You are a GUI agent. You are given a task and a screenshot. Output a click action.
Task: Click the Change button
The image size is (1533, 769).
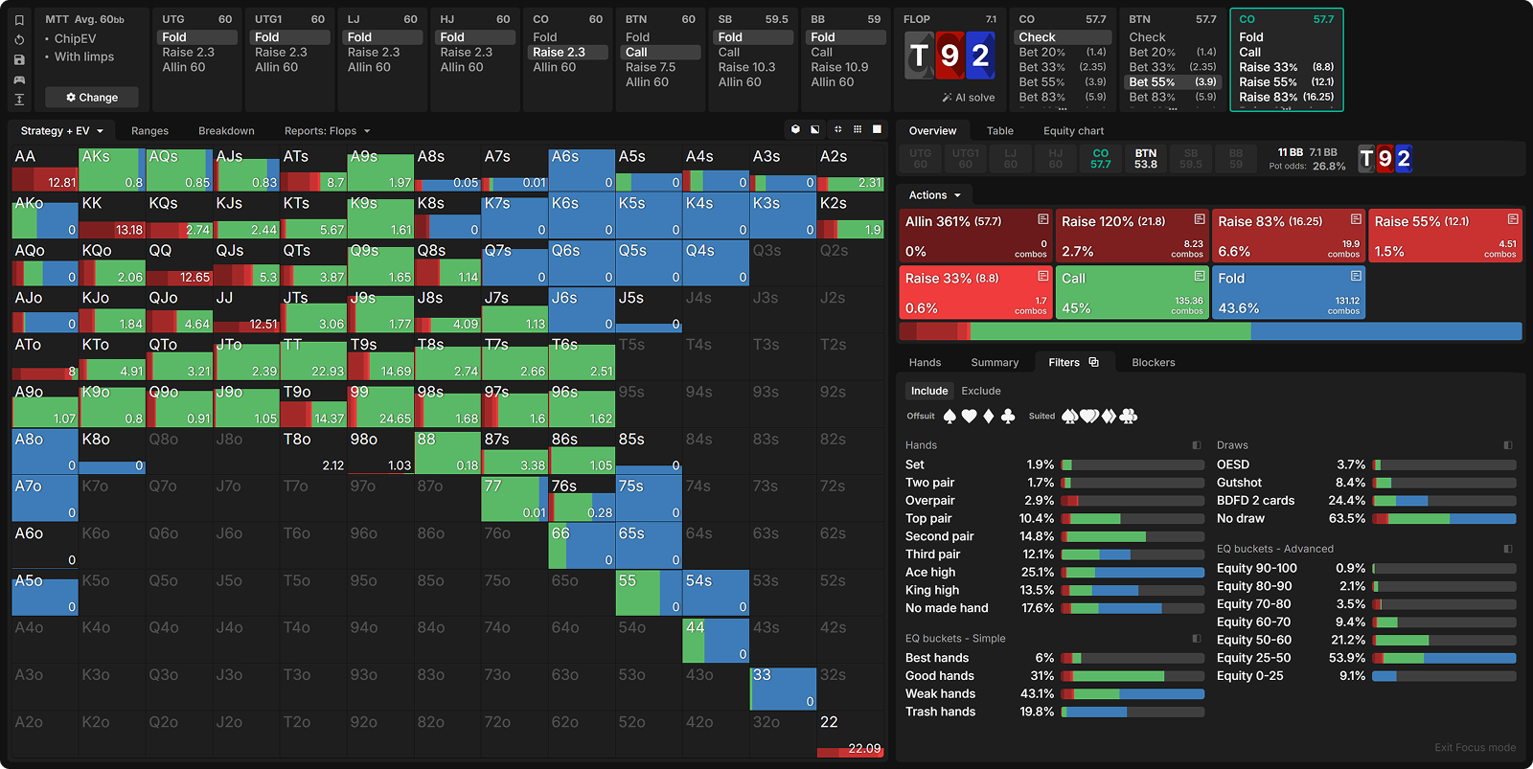click(92, 98)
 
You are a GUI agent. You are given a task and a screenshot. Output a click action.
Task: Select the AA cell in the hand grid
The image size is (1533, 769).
click(44, 169)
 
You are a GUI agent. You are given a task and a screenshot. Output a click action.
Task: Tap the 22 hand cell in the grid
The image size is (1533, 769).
click(850, 735)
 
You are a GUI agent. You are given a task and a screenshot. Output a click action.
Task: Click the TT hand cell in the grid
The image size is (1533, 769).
click(312, 357)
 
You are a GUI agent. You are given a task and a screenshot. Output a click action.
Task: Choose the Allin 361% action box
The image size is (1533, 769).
click(975, 236)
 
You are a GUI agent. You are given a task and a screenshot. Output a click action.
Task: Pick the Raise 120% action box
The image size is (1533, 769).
click(1132, 236)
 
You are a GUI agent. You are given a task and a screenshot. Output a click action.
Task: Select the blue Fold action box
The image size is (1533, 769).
click(1288, 293)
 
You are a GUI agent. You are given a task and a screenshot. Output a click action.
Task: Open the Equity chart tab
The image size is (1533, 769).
click(1073, 131)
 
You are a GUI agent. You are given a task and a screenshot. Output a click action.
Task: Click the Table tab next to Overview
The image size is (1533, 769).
click(999, 131)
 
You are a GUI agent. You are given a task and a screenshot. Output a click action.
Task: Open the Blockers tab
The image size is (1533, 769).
click(1153, 363)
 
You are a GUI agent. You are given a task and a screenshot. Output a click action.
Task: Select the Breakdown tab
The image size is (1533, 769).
click(226, 131)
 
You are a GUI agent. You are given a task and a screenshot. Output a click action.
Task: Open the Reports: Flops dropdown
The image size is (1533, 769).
click(327, 131)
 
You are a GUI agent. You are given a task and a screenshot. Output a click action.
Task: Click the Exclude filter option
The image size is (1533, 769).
click(980, 391)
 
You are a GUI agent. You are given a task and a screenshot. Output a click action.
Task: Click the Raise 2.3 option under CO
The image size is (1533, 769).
click(559, 53)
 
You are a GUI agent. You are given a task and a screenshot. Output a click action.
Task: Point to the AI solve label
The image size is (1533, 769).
click(969, 98)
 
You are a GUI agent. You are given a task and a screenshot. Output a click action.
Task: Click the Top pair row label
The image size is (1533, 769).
click(928, 518)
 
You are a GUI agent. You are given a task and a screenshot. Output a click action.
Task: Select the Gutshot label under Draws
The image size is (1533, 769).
click(1239, 483)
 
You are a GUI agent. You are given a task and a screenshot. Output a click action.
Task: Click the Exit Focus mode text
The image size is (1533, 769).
click(1475, 748)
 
